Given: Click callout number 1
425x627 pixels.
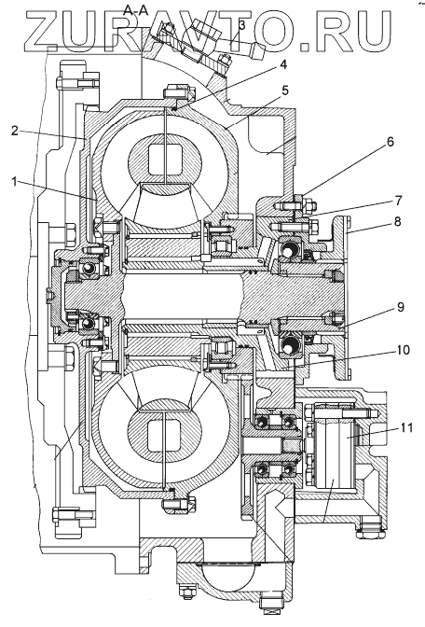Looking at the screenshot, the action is [x=15, y=182].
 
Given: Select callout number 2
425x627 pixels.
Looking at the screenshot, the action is [x=15, y=131].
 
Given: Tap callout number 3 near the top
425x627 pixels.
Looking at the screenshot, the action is [x=241, y=25].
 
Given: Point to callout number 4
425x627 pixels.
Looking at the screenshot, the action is [x=282, y=64].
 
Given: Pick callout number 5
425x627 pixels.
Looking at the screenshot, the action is [x=284, y=91].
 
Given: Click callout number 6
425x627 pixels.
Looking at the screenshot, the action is [x=390, y=142].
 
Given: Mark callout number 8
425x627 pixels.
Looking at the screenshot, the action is [x=397, y=221].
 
